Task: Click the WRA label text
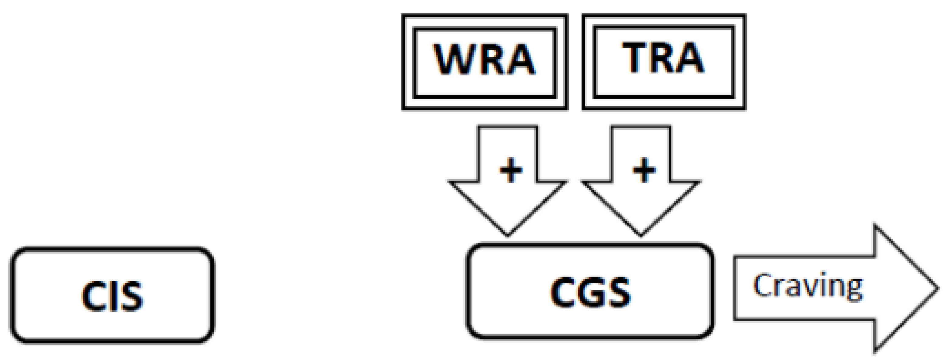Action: [484, 59]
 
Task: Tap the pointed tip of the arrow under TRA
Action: [640, 234]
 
